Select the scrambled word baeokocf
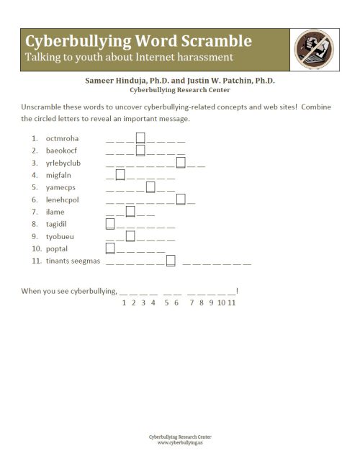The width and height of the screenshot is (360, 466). click(x=61, y=151)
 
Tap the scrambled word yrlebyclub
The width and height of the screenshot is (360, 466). click(x=63, y=163)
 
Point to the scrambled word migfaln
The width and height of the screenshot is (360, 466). click(x=59, y=175)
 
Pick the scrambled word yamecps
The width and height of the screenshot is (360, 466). click(x=60, y=187)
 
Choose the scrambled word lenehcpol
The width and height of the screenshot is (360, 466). click(x=63, y=200)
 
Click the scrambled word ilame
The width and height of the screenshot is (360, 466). click(x=55, y=212)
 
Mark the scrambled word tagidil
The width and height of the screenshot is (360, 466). click(x=58, y=224)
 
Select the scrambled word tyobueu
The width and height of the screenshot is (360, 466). click(x=60, y=236)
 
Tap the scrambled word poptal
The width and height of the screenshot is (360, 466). click(x=57, y=248)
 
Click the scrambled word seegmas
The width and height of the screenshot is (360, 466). click(x=85, y=261)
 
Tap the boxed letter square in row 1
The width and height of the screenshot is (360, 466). click(x=141, y=138)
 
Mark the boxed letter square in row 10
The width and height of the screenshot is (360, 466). click(x=111, y=248)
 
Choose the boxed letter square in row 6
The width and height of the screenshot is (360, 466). click(x=181, y=199)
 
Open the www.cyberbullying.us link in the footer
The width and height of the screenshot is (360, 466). click(x=179, y=442)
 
